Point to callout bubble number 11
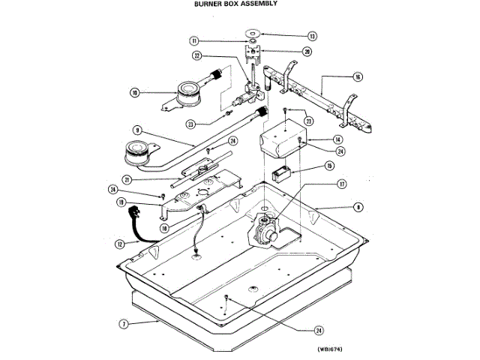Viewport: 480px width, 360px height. coord(193,40)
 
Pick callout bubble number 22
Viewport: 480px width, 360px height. coord(197,55)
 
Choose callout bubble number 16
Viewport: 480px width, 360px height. coord(358,76)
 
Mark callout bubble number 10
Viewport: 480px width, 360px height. coord(135,93)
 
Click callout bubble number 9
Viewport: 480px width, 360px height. coord(138,129)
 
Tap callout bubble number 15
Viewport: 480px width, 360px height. coord(328,166)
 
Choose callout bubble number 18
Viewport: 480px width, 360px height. coord(163,228)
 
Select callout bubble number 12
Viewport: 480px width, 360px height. coord(118,244)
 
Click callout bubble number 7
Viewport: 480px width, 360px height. coord(122,325)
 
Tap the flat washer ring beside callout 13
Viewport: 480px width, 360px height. coord(253,33)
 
